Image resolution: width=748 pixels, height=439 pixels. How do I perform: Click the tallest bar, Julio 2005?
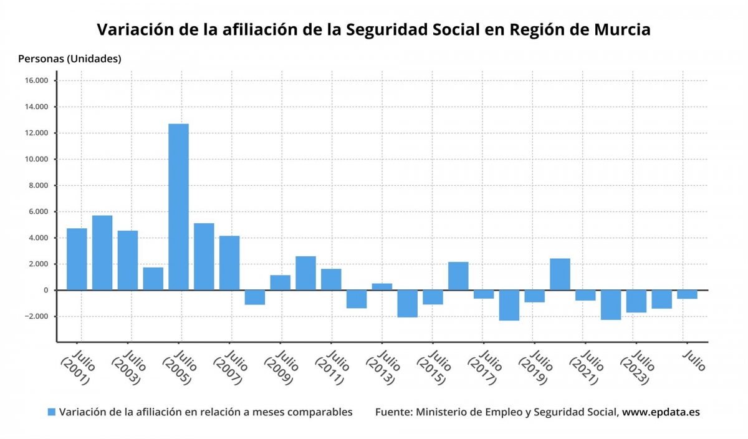(178, 206)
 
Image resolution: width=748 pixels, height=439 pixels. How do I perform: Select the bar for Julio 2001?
(77, 259)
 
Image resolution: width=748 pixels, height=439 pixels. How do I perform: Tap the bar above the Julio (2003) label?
(128, 260)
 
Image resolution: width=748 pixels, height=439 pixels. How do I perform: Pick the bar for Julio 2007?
(229, 263)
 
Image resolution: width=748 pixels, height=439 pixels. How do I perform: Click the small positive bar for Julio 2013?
(382, 287)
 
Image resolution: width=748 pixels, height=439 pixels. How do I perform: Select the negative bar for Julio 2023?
(636, 301)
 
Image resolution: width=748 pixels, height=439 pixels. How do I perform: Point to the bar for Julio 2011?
(331, 279)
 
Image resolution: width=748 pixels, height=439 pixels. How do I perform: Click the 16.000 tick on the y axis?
(37, 81)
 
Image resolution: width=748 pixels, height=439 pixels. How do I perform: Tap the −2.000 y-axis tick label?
(36, 317)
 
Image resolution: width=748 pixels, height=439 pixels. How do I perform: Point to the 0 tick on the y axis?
(46, 291)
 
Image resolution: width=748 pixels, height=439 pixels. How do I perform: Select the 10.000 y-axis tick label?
(37, 160)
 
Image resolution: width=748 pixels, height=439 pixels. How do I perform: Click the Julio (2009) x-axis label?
(279, 369)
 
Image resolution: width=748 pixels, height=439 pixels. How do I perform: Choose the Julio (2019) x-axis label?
(533, 369)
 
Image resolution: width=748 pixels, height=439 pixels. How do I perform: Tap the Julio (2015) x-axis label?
(431, 369)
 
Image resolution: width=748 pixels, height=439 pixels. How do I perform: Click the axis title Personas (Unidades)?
(70, 59)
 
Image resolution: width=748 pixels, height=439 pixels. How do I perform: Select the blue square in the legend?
(52, 412)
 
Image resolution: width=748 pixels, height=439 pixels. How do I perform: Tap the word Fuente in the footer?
(393, 412)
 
